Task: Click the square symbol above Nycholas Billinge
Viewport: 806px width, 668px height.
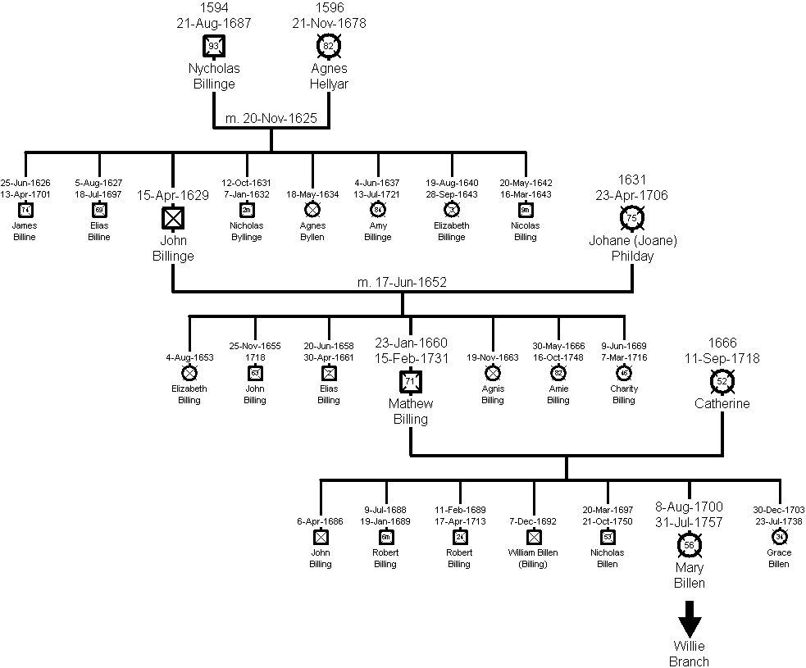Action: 213,46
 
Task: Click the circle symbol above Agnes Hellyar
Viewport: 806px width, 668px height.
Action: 328,46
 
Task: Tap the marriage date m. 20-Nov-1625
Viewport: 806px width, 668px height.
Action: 271,120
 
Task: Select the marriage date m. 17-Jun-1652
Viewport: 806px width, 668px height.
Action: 402,283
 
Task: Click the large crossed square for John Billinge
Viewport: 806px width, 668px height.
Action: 173,218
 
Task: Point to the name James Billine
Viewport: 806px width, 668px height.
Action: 25,231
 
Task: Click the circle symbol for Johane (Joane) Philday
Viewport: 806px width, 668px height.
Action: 632,218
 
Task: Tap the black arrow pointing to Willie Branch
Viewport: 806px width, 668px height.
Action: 690,618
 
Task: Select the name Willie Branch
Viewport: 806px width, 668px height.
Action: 690,654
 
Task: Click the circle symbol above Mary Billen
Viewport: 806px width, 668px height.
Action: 690,545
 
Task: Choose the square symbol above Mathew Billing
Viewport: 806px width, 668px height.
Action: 411,381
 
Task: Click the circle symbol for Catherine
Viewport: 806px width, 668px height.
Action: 722,381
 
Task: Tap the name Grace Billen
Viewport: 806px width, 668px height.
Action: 780,558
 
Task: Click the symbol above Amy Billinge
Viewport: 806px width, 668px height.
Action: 378,209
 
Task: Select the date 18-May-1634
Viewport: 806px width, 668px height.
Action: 312,194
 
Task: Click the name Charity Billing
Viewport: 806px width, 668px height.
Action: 624,394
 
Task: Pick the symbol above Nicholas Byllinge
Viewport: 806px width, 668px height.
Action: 247,209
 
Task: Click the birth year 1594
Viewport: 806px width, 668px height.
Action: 213,9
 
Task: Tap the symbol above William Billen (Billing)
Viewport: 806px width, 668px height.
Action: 534,537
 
